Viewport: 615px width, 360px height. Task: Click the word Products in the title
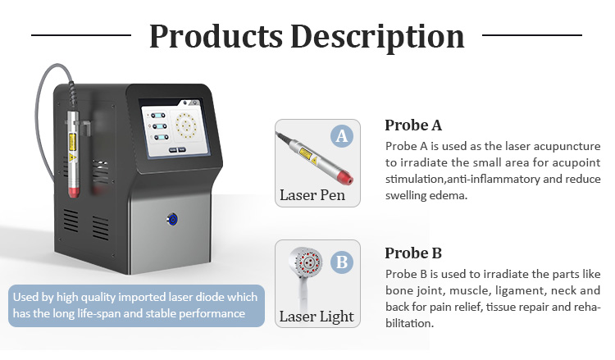click(x=216, y=36)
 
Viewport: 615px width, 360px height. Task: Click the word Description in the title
click(x=377, y=37)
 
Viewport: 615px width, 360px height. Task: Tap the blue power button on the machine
click(x=172, y=219)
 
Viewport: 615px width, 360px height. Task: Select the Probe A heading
click(x=413, y=125)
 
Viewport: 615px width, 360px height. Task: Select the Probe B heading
click(x=413, y=253)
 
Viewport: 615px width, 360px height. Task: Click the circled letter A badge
click(x=342, y=136)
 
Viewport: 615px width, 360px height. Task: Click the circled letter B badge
click(x=342, y=262)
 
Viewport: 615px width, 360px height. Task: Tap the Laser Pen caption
click(x=312, y=195)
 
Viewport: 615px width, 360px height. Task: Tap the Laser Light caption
click(x=317, y=317)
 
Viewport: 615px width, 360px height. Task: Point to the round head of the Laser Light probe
click(x=305, y=262)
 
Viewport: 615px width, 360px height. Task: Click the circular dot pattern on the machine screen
click(x=185, y=125)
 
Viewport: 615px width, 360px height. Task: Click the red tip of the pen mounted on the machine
click(x=74, y=192)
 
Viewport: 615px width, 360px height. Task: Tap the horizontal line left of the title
click(x=81, y=35)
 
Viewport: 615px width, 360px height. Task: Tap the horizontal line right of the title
click(x=532, y=35)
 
